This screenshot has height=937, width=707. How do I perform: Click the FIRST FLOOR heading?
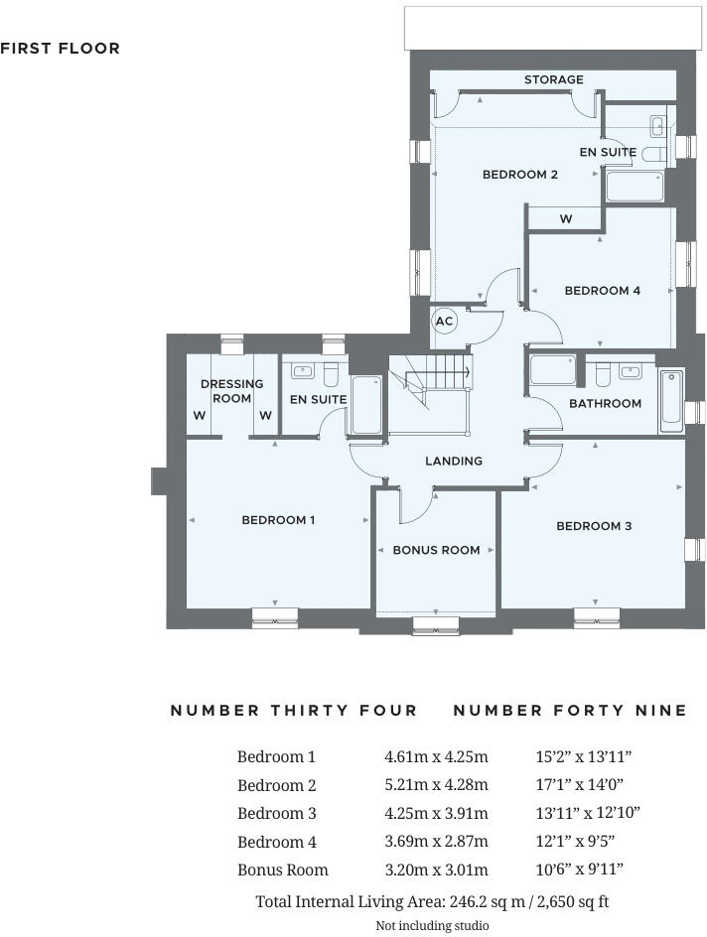(61, 48)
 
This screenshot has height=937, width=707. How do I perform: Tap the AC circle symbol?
(444, 321)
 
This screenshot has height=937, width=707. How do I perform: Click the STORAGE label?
(554, 79)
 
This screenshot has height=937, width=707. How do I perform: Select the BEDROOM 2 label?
(519, 175)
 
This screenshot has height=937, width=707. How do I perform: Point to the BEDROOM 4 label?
(602, 291)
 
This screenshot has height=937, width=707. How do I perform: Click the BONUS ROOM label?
(436, 550)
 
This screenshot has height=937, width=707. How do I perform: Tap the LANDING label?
(454, 461)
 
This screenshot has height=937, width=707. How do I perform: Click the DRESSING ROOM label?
(231, 390)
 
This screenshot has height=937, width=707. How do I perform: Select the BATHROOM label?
(605, 403)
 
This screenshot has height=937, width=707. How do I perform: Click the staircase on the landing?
(429, 383)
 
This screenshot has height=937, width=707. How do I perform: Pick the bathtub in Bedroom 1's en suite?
(365, 405)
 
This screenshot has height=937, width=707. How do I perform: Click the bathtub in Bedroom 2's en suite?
(634, 186)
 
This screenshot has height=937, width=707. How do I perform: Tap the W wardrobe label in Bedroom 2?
(565, 219)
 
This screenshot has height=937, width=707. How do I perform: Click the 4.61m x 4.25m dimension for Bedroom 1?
(436, 756)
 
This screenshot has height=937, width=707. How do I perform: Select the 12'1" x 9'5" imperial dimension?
(575, 842)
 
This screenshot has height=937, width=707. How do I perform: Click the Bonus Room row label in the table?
(282, 870)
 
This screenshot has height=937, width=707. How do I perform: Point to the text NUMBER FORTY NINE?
(570, 711)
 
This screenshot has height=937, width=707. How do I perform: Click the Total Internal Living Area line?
(432, 901)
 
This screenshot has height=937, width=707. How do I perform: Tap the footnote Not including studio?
(432, 925)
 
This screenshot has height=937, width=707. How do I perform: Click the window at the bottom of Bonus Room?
(436, 624)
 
